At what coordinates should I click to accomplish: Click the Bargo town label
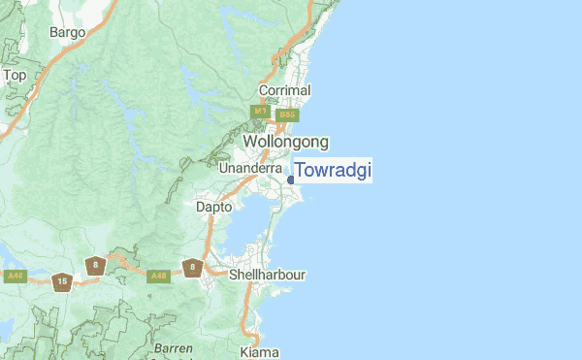(68, 32)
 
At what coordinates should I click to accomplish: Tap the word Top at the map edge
(15, 75)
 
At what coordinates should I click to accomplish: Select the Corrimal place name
(284, 90)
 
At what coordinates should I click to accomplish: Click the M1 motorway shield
(260, 113)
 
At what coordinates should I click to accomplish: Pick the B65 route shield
(286, 115)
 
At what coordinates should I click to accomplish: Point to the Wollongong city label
(285, 142)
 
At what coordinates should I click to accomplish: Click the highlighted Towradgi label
(333, 171)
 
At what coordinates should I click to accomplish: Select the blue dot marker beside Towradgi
(291, 180)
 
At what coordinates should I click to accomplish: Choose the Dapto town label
(213, 207)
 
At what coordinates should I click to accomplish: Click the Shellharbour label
(267, 275)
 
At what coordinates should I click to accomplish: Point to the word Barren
(173, 347)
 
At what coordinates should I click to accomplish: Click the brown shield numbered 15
(62, 282)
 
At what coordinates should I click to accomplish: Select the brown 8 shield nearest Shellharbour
(193, 267)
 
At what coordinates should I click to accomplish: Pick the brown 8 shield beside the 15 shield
(94, 265)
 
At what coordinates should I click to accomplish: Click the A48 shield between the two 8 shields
(156, 277)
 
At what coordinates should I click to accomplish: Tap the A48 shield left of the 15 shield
(15, 277)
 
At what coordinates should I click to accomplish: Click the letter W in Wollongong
(250, 142)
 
